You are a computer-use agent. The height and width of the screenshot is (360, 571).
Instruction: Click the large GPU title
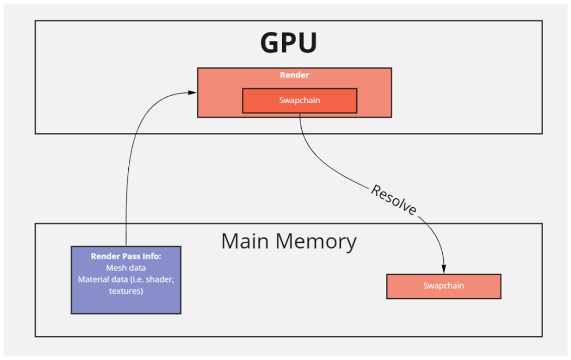(x=288, y=42)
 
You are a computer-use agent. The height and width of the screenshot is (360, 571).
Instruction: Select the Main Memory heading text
(x=289, y=241)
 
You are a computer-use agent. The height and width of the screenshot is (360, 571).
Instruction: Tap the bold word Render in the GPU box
(x=294, y=75)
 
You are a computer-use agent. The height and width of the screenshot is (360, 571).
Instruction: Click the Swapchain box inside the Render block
(x=299, y=100)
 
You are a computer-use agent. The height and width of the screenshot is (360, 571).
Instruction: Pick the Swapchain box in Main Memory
(x=443, y=286)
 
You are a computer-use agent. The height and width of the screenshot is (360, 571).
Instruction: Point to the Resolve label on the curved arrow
(x=394, y=200)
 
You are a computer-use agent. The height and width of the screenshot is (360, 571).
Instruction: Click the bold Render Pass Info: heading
(x=126, y=256)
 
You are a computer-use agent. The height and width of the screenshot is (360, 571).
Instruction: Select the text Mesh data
(x=126, y=268)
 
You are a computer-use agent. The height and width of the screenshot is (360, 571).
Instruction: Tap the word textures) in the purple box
(x=126, y=291)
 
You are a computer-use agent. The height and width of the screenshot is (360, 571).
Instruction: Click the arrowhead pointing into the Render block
(x=192, y=93)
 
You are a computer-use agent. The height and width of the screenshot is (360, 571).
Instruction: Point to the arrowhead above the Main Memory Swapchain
(x=443, y=269)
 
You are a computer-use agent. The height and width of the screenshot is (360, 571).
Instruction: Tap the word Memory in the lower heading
(x=316, y=242)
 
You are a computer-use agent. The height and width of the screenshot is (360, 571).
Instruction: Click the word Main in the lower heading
(x=245, y=241)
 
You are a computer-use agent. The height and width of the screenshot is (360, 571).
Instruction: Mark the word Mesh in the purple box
(x=114, y=268)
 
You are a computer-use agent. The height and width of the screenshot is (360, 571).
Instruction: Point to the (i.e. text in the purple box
(x=138, y=280)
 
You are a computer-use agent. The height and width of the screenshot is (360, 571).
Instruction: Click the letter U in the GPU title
(x=308, y=43)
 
